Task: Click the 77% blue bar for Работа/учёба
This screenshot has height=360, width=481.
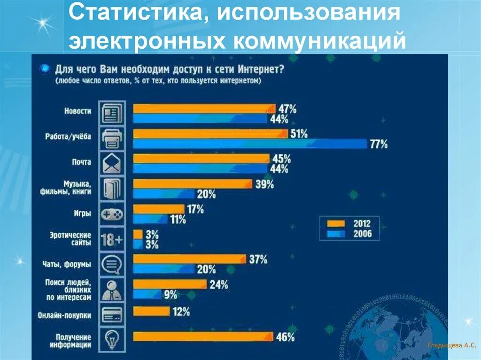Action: (x=250, y=144)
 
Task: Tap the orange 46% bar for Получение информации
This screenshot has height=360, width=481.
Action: (x=203, y=336)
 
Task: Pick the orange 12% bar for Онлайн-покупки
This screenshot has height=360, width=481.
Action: (x=151, y=311)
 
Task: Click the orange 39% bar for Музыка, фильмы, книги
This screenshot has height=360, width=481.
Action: (x=193, y=184)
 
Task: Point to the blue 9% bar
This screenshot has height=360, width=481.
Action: (x=147, y=294)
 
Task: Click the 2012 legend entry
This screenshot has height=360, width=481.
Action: (x=350, y=223)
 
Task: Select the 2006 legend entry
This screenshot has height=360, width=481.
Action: (x=350, y=233)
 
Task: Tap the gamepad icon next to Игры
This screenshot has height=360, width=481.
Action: (x=112, y=214)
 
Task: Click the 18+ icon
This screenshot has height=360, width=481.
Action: (x=112, y=240)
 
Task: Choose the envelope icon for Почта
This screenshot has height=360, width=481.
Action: (x=112, y=163)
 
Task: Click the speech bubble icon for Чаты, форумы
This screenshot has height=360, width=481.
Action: (x=112, y=264)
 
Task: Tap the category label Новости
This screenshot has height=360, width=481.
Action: (x=78, y=111)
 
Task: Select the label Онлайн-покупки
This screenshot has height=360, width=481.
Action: (x=65, y=316)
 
